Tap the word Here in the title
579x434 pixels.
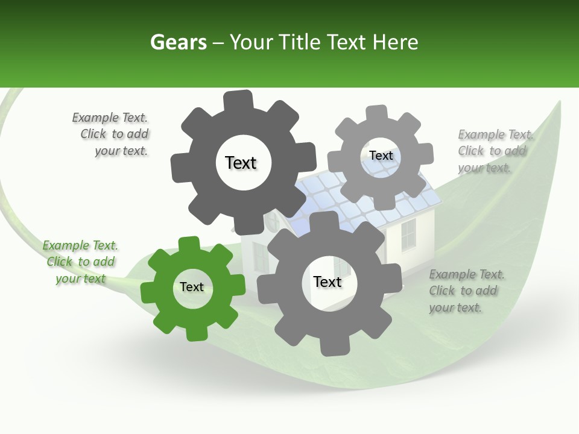395,42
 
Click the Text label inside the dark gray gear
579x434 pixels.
241,163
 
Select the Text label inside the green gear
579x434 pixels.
192,287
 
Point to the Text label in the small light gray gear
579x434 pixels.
381,156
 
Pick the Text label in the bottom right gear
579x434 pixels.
327,281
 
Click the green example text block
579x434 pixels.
80,262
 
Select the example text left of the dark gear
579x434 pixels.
112,134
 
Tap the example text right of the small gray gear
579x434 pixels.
494,151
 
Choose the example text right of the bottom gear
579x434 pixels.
466,291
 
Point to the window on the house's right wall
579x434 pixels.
408,234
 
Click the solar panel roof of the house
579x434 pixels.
368,193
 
